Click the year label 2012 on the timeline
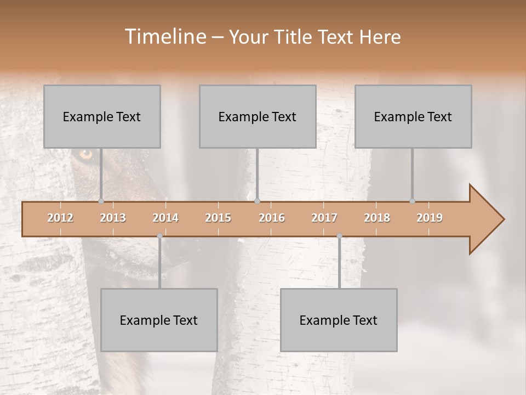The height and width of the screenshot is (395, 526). [x=60, y=218]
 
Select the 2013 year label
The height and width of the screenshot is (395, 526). [x=113, y=218]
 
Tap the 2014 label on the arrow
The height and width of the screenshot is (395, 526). [x=165, y=218]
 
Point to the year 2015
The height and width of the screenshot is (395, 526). [x=218, y=218]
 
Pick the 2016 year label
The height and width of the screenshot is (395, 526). [x=272, y=218]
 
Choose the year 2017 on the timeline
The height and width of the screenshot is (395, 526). [x=324, y=218]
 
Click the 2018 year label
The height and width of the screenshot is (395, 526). [x=377, y=218]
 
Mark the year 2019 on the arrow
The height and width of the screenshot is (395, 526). [x=430, y=218]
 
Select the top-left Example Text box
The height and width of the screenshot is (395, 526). [x=102, y=116]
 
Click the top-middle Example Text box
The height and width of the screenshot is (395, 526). [x=258, y=116]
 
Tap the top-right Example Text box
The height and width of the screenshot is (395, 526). [x=413, y=116]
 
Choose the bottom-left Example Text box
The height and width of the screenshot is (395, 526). [x=159, y=320]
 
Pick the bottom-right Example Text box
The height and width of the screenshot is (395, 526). [x=339, y=320]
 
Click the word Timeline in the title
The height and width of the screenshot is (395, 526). [x=164, y=37]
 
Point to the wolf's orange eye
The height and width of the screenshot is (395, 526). [x=86, y=155]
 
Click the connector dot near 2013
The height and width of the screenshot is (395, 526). [x=101, y=201]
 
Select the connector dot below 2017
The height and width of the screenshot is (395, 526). [x=339, y=236]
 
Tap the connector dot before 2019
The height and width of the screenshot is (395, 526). [x=412, y=201]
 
